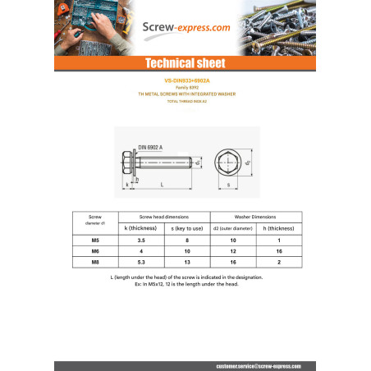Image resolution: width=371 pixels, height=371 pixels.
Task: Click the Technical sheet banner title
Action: (185, 64)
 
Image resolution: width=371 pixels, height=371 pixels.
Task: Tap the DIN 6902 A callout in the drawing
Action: (149, 147)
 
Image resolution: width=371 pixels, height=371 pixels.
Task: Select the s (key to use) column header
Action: (187, 227)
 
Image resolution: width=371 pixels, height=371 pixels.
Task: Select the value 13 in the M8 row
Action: (187, 263)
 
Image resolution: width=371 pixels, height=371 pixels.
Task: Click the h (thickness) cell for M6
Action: (279, 251)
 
